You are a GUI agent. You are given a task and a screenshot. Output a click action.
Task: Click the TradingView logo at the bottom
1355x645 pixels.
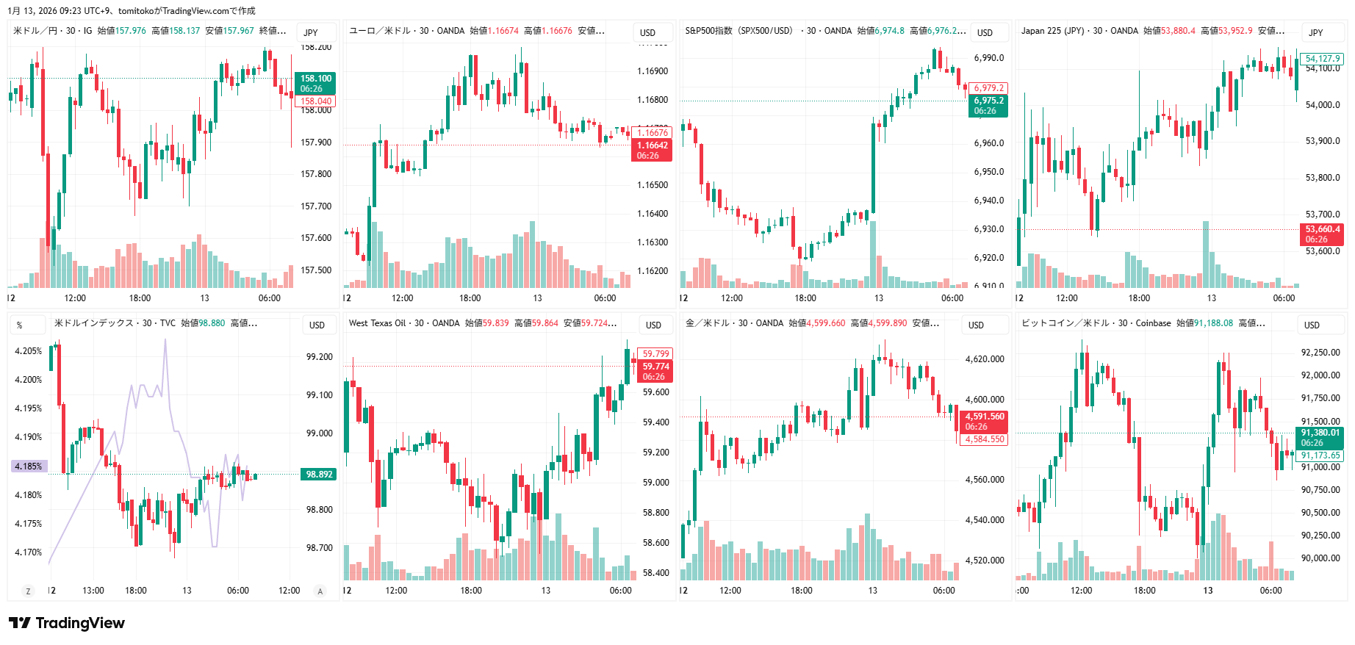point(68,623)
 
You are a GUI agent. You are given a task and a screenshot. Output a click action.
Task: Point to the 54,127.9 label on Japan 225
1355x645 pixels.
point(1323,59)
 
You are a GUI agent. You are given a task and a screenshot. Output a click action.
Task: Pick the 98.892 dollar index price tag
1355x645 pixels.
point(319,475)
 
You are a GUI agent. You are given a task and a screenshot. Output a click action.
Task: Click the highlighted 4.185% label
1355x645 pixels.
point(29,466)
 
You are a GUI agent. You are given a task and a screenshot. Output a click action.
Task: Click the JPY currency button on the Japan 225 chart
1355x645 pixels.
point(1315,33)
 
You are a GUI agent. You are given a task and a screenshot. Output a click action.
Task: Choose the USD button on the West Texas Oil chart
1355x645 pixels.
point(653,325)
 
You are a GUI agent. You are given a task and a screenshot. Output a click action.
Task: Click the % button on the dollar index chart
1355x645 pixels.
point(20,325)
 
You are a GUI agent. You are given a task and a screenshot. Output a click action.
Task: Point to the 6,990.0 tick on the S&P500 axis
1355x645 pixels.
point(988,58)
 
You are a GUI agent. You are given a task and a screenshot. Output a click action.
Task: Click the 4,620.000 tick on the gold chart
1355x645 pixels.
point(984,359)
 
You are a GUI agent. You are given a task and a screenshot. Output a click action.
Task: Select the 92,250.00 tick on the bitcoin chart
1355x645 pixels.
point(1320,353)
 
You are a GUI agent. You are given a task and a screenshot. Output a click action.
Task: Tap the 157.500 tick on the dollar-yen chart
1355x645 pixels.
point(316,270)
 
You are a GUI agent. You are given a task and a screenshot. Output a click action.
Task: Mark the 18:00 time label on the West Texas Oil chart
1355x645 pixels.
point(471,591)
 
